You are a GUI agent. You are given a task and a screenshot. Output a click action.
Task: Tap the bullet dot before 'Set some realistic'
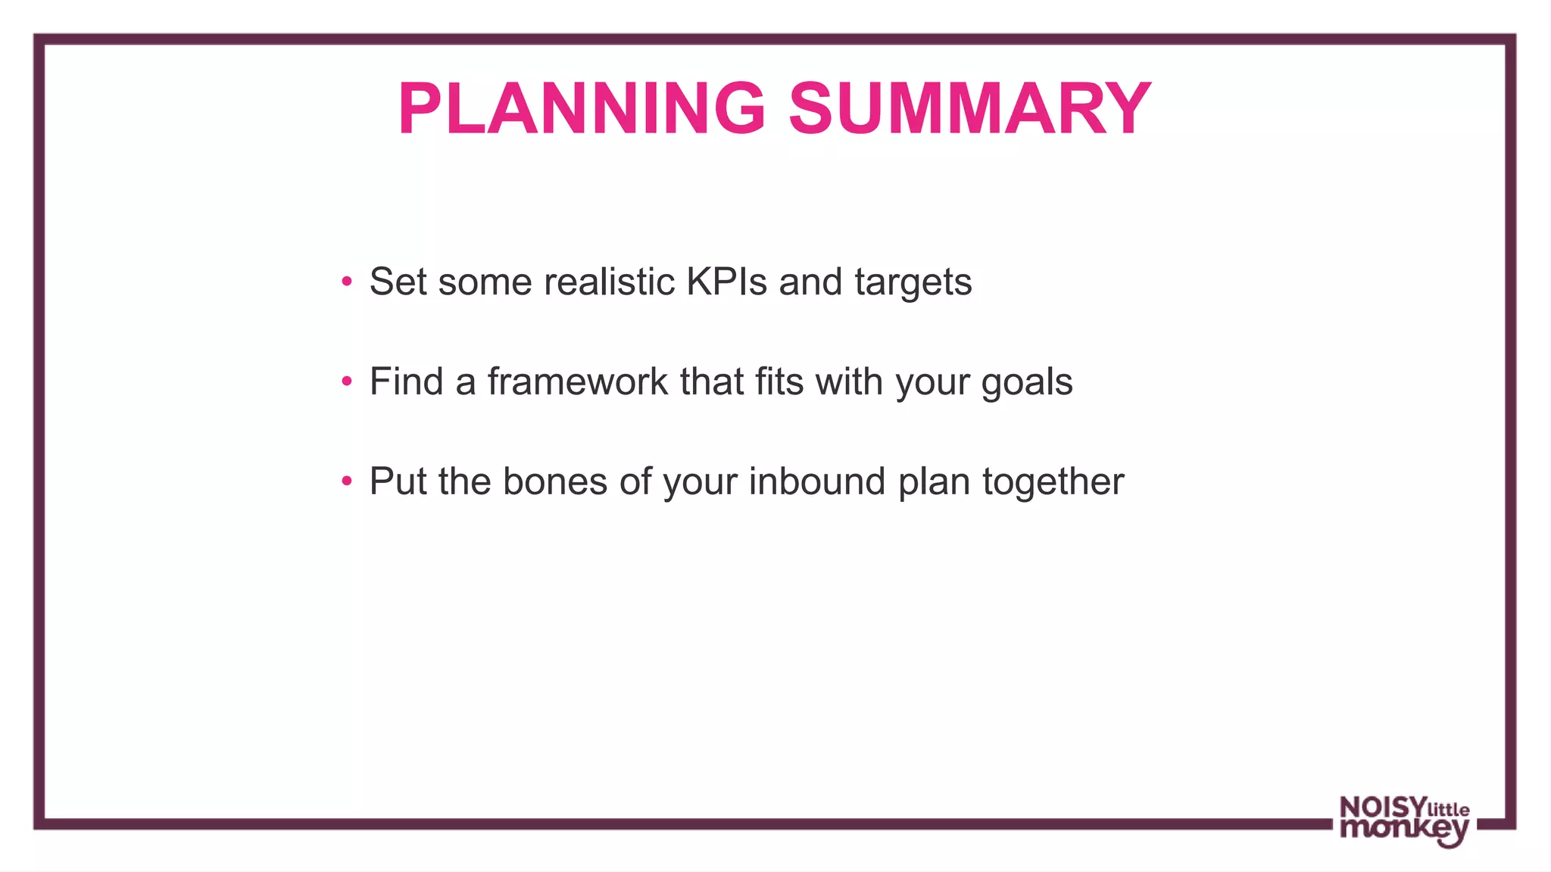(347, 282)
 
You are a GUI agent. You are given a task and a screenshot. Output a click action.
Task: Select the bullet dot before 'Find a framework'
(347, 381)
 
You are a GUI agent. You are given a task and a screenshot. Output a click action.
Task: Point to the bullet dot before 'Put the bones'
(347, 481)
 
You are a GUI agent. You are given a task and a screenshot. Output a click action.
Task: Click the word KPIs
(726, 282)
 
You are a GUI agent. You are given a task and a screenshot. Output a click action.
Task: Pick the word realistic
(609, 282)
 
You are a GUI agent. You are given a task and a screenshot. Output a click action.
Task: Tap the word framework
(577, 381)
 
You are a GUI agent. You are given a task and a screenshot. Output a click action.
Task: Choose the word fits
(779, 381)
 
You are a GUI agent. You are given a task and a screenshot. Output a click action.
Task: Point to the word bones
(554, 481)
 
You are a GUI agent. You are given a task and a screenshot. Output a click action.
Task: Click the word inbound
(816, 481)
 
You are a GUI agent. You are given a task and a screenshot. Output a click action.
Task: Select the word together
(1053, 482)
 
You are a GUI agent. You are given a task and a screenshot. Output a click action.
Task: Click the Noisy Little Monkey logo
(1404, 821)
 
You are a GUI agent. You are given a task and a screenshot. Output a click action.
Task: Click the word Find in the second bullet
(406, 381)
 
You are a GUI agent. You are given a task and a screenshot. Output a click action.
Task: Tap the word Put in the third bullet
(398, 481)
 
